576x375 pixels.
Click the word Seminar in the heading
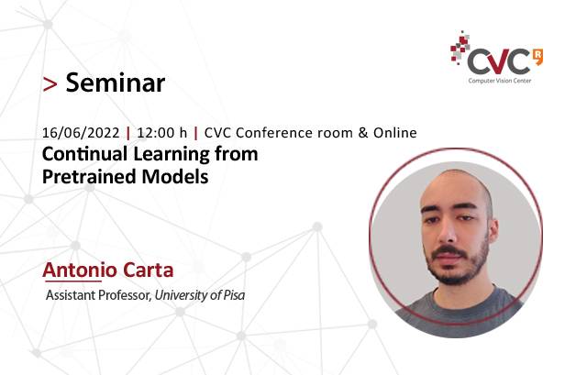click(116, 83)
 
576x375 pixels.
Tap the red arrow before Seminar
click(50, 84)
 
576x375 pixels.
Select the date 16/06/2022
click(81, 133)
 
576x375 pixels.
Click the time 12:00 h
click(161, 133)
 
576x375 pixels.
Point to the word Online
click(395, 133)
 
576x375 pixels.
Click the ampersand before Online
click(363, 133)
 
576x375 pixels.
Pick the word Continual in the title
click(85, 153)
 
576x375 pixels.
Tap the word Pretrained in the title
click(89, 176)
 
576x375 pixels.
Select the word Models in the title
click(175, 176)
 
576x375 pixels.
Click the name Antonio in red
click(80, 270)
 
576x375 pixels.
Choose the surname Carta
click(148, 270)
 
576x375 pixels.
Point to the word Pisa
click(234, 295)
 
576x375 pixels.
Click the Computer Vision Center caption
click(500, 81)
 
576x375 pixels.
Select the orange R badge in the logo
click(537, 57)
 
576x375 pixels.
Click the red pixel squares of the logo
click(460, 48)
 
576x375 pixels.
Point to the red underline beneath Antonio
click(72, 281)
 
